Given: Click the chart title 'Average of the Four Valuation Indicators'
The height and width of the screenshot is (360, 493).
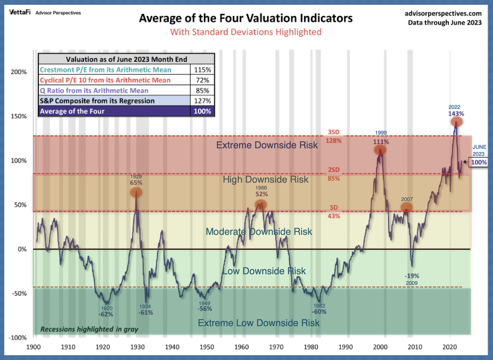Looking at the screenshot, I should tap(245, 18).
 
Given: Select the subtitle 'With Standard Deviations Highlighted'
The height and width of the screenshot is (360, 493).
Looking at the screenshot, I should tap(245, 32).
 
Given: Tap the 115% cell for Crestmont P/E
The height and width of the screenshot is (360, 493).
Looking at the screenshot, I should tap(203, 70).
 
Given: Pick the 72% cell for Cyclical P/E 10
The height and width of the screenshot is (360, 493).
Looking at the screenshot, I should tap(203, 80).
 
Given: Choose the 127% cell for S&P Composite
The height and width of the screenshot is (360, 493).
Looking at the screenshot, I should tap(203, 101).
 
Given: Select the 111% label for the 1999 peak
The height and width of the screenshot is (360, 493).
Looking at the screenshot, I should tap(381, 141).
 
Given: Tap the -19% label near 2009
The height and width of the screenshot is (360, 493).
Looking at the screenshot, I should tap(412, 276).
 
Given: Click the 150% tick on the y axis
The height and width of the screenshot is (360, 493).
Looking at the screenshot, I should tap(19, 116).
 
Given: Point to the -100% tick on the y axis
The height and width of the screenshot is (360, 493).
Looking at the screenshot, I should tap(18, 338).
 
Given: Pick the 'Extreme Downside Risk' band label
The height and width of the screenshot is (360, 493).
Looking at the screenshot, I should tap(267, 145).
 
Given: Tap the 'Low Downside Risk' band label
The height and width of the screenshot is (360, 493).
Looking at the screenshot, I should tap(264, 271).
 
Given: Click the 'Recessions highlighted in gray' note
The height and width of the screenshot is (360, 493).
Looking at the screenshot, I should tap(89, 330).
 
